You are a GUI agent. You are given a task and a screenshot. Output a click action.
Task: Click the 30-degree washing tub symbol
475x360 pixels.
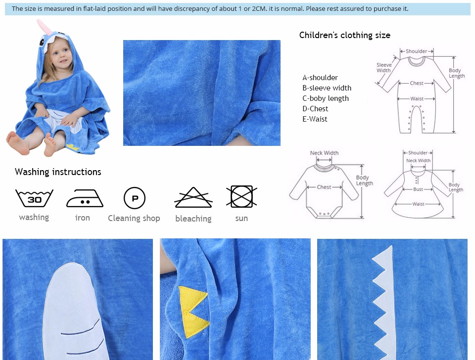(x=34, y=198)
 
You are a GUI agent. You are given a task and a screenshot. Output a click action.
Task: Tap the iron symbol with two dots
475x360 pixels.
(x=85, y=198)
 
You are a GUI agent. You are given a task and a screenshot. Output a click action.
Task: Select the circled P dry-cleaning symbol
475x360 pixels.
(x=135, y=198)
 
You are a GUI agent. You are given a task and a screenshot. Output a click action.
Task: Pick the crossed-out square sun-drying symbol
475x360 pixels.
(x=241, y=196)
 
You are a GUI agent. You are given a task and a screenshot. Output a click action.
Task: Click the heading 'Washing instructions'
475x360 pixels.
(x=58, y=172)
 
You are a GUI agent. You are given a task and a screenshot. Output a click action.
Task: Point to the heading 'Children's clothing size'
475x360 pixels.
(x=345, y=35)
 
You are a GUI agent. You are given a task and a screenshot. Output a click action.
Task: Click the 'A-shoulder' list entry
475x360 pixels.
(x=320, y=78)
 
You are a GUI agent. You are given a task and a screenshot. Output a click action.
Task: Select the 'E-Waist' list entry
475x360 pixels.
(x=315, y=119)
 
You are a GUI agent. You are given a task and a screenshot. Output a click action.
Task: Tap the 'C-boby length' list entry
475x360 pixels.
(x=326, y=98)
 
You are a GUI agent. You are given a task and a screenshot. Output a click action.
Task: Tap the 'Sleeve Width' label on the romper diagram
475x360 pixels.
(x=384, y=68)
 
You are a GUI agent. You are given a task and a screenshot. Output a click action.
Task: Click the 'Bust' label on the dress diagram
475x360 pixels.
(x=418, y=189)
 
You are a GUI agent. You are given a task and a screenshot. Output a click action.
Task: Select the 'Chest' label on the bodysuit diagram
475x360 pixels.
(x=324, y=187)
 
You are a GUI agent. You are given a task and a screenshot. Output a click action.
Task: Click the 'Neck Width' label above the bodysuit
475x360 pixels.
(x=324, y=153)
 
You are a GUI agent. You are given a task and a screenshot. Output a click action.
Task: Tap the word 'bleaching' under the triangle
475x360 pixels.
(x=193, y=219)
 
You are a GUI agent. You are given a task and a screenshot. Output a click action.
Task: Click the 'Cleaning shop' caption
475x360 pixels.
(x=134, y=218)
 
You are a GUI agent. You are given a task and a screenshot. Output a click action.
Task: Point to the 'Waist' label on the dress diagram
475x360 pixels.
(x=418, y=204)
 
